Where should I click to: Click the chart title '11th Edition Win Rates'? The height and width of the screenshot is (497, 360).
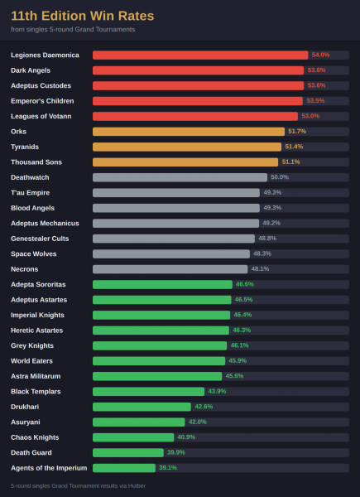pyautogui.click(x=82, y=16)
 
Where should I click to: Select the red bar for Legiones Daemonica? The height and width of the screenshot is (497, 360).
pyautogui.click(x=200, y=55)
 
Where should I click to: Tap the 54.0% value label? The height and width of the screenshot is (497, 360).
pyautogui.click(x=320, y=55)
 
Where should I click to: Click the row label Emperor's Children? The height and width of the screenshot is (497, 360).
pyautogui.click(x=42, y=101)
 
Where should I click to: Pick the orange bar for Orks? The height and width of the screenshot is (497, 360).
pyautogui.click(x=189, y=132)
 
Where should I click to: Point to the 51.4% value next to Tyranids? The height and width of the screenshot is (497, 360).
pyautogui.click(x=294, y=147)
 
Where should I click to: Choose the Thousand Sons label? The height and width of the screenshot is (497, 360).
pyautogui.click(x=36, y=162)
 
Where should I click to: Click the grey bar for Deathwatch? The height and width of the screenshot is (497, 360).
pyautogui.click(x=180, y=177)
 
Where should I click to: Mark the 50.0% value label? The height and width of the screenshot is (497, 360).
pyautogui.click(x=280, y=177)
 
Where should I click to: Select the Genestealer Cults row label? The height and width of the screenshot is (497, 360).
pyautogui.click(x=40, y=239)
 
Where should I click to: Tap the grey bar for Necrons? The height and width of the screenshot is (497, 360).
pyautogui.click(x=170, y=269)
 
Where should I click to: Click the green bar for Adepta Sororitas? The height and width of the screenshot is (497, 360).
pyautogui.click(x=162, y=285)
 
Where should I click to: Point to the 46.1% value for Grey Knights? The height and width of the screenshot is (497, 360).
pyautogui.click(x=239, y=345)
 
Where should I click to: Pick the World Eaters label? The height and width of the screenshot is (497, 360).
pyautogui.click(x=31, y=361)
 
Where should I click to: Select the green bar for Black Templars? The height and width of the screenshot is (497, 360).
pyautogui.click(x=148, y=392)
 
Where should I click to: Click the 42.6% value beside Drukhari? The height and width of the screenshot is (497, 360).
pyautogui.click(x=204, y=407)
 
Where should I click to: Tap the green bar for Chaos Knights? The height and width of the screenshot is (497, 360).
pyautogui.click(x=133, y=437)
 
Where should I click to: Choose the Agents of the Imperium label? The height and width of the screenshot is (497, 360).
pyautogui.click(x=49, y=468)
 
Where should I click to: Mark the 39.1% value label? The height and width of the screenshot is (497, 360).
pyautogui.click(x=168, y=468)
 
